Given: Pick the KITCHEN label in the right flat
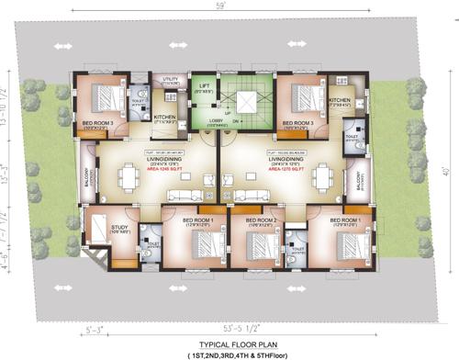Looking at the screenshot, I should (x=339, y=100).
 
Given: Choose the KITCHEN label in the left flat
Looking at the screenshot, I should (x=165, y=118).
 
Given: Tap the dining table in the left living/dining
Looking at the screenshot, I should (x=130, y=180).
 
